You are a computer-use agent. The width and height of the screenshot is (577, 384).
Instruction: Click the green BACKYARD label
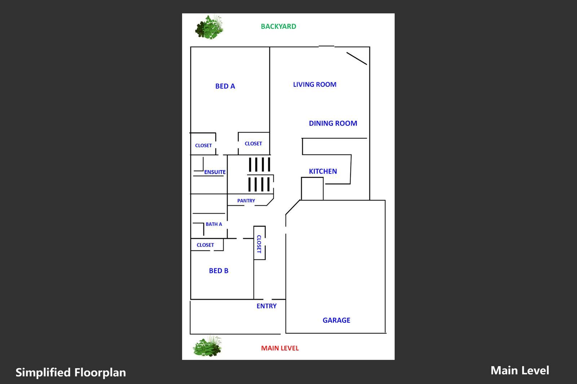[278, 26]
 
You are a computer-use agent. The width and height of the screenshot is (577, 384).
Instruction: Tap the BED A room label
[225, 86]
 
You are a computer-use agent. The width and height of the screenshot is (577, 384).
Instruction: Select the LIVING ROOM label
[314, 85]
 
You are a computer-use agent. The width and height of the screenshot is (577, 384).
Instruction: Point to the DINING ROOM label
[333, 123]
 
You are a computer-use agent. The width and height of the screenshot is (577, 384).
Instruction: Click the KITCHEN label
[323, 171]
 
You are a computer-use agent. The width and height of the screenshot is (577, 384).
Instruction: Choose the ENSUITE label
[215, 172]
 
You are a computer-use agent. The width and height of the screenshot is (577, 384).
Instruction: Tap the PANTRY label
[246, 201]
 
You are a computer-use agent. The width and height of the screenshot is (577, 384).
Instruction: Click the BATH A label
[214, 224]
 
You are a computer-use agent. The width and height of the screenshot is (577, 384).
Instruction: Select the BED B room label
[219, 271]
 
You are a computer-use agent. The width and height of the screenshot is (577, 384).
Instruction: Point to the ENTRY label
[267, 306]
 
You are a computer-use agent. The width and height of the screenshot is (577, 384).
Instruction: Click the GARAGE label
[336, 320]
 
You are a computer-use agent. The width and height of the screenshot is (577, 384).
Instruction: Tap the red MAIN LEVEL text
[280, 348]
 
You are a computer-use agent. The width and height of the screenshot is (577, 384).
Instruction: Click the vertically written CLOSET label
[259, 244]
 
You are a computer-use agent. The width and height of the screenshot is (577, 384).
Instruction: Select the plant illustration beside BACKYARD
[209, 27]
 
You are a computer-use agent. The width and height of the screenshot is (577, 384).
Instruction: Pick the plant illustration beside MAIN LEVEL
[207, 347]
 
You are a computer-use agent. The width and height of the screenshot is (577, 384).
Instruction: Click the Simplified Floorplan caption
[71, 372]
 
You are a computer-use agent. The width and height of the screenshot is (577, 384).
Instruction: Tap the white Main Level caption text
[520, 370]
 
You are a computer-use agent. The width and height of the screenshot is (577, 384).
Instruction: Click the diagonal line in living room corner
[357, 59]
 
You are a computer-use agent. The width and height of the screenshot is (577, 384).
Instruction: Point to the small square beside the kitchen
[312, 188]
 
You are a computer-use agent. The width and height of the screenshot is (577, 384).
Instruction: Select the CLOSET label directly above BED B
[205, 245]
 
